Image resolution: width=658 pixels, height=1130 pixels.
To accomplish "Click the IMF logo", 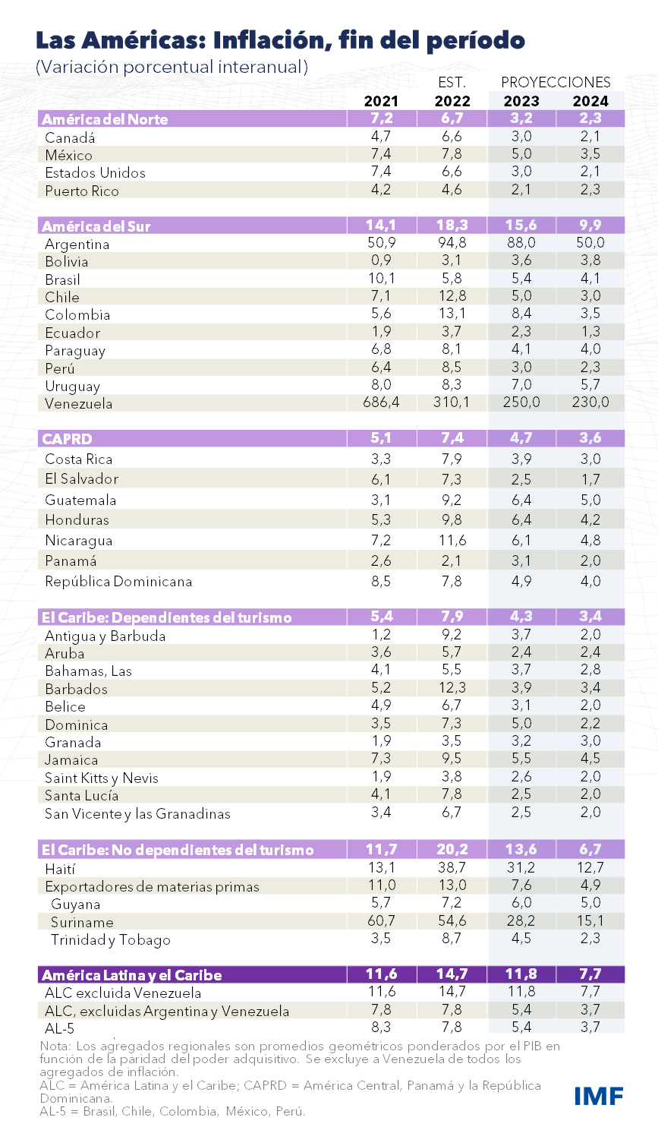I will (x=599, y=1095).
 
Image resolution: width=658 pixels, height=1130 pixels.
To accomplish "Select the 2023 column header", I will (x=521, y=101).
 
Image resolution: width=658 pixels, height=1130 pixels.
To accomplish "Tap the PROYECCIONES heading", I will (x=556, y=82).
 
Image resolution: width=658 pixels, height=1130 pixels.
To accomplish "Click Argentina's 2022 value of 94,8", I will (x=452, y=243).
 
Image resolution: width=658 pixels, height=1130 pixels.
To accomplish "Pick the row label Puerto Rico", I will (x=82, y=191).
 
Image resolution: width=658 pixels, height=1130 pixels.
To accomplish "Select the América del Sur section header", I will (x=96, y=226).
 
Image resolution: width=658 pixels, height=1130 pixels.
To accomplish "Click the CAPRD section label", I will (x=67, y=439).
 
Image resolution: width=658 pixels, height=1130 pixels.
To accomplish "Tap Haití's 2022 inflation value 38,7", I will (x=452, y=867).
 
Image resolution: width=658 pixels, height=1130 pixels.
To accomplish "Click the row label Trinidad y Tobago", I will (x=111, y=939).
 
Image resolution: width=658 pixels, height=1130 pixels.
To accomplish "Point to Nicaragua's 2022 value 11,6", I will (x=452, y=540).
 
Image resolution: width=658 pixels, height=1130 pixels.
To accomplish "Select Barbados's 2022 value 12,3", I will (x=452, y=688).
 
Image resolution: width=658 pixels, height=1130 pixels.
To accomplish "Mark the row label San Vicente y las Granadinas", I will (x=137, y=813).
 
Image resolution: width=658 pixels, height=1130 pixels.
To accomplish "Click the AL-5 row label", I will (x=59, y=1028).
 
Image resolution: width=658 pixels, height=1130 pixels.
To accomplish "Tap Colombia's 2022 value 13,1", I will (x=452, y=314).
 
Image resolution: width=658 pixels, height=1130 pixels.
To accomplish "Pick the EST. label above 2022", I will (x=452, y=82).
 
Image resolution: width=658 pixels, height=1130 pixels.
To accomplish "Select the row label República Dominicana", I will (x=118, y=582).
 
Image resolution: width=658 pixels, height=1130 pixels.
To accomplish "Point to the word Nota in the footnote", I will (x=52, y=1046).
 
